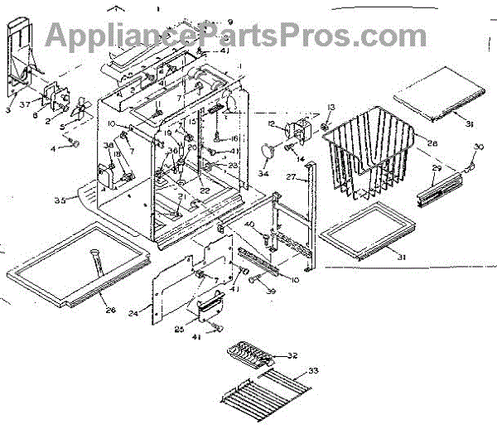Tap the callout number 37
[27, 104]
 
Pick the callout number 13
[331, 108]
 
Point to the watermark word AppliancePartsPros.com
[236, 35]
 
